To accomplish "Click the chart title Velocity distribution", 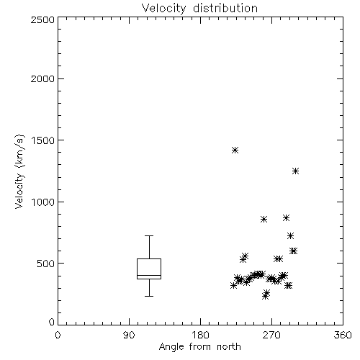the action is pos(199,9).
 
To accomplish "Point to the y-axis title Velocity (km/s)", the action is pos(19,171).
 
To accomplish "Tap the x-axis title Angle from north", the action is pos(199,347).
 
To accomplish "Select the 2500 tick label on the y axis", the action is pos(42,19).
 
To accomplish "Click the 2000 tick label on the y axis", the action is pos(42,78).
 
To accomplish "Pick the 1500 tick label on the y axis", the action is pos(43,140).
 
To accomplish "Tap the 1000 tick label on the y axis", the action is pos(43,202).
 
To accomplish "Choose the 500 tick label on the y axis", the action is pos(46,264).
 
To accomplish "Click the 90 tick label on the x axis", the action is pos(129,335).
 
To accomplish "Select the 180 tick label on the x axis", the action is pos(200,335).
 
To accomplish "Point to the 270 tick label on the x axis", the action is pos(271,335).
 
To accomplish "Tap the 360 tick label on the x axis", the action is pos(343,335).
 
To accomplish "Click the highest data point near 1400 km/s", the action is pos(235,150).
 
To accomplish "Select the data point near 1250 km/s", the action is pos(295,171).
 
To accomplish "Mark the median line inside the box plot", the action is pos(149,275).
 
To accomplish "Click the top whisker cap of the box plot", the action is pos(149,236).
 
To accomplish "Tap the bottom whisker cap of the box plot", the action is pos(149,296).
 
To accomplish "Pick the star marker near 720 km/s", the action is pos(290,236).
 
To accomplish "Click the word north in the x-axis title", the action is pos(229,347).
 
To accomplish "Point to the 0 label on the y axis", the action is pos(52,322).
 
